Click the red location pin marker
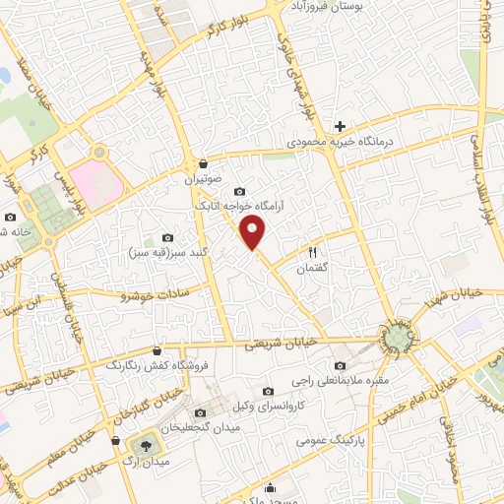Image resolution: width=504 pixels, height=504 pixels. [254, 233]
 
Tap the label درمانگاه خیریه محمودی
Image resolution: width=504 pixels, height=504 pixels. [340, 143]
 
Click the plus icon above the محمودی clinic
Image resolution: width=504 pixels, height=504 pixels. [340, 126]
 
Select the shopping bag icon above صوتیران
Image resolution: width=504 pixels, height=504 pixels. [203, 163]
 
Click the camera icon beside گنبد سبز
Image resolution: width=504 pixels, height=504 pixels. [166, 238]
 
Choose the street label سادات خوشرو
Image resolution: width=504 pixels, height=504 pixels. [157, 293]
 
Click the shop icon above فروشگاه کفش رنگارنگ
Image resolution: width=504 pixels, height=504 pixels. [157, 349]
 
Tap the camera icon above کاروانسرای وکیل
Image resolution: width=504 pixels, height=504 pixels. [269, 391]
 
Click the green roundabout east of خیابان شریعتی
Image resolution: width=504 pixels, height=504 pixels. [399, 338]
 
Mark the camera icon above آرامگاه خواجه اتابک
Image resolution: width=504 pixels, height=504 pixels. [238, 191]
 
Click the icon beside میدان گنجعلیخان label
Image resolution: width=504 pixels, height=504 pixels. [202, 412]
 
